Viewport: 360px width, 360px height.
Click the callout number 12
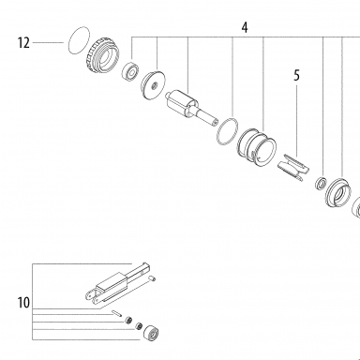click(x=23, y=42)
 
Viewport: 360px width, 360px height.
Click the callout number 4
click(x=245, y=27)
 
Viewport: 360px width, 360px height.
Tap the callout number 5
click(x=296, y=76)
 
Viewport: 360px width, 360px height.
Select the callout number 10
click(x=23, y=303)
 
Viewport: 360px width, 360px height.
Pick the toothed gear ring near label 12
click(x=103, y=55)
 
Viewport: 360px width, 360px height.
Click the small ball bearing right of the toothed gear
click(x=130, y=71)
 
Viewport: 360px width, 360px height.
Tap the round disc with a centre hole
click(x=153, y=85)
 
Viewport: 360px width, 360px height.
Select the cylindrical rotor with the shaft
click(x=191, y=108)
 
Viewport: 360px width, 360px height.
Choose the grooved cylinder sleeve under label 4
click(x=257, y=147)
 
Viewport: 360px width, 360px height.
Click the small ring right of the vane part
click(x=321, y=183)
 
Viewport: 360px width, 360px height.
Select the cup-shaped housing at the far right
click(x=338, y=193)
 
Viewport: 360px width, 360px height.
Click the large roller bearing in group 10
click(x=152, y=332)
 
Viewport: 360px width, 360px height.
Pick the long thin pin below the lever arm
click(x=115, y=313)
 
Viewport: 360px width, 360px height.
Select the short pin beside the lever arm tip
click(x=152, y=277)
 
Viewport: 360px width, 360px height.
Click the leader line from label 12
click(x=48, y=42)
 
